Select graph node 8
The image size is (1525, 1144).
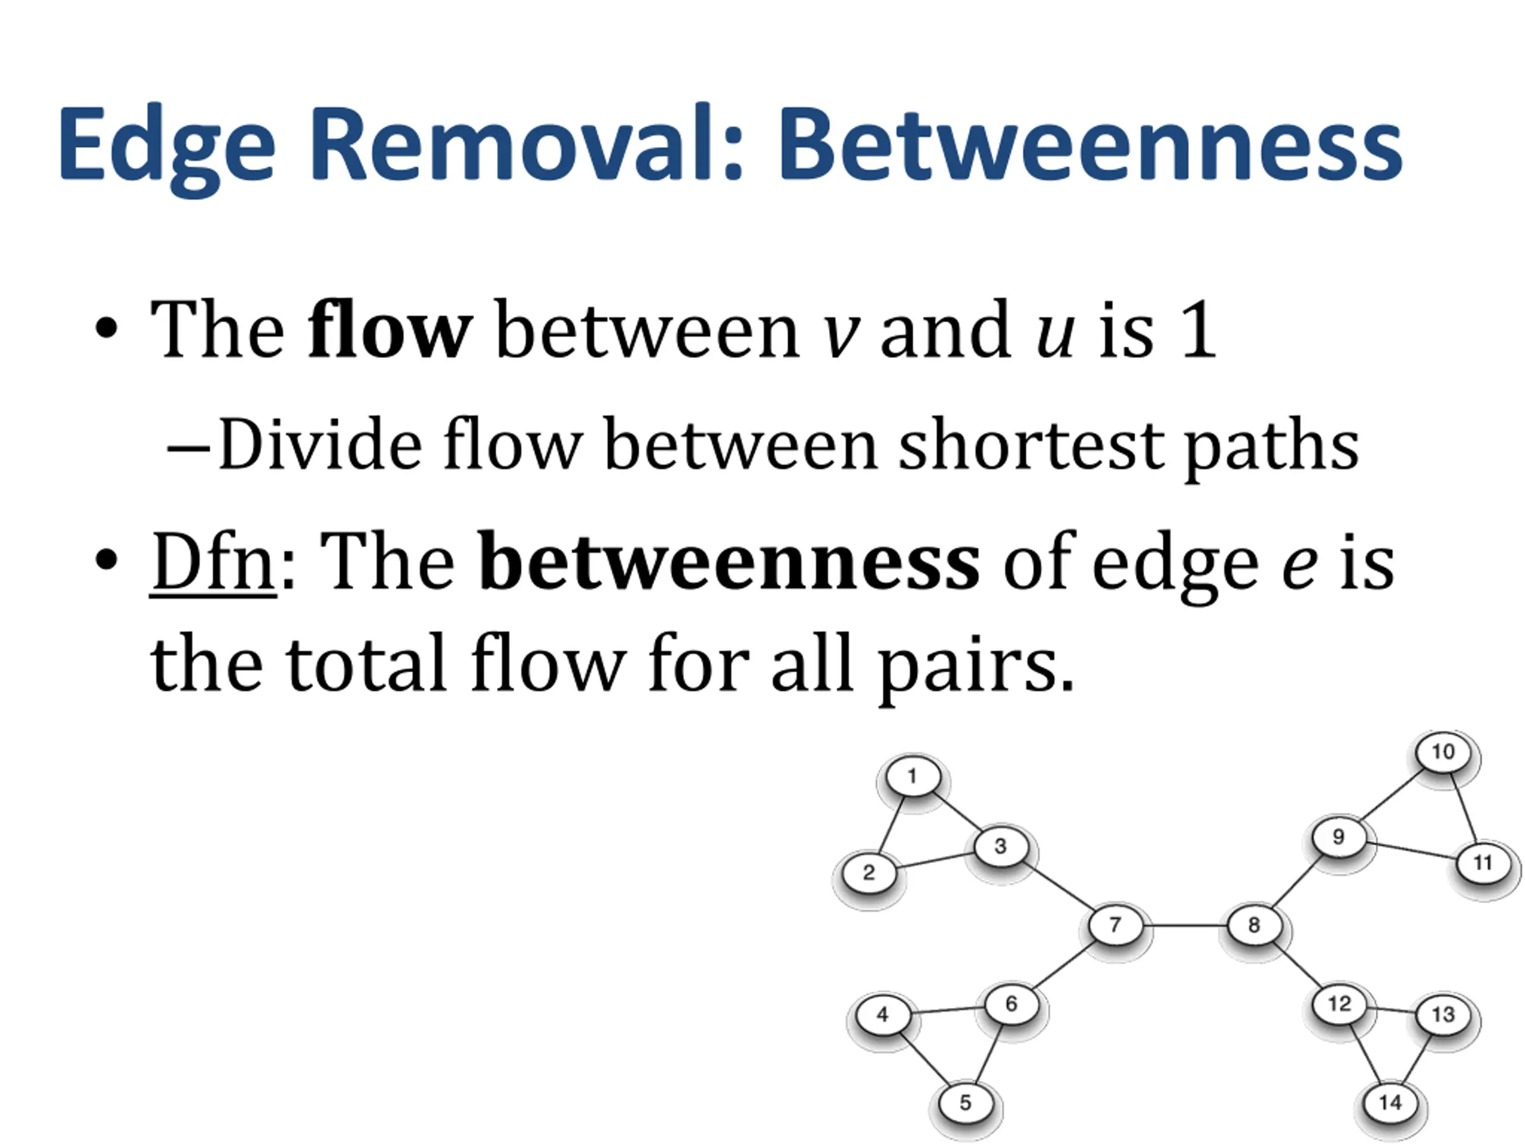click(1254, 925)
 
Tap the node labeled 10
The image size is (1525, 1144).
click(1443, 751)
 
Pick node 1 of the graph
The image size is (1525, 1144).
click(913, 776)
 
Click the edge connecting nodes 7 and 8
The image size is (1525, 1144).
click(1184, 925)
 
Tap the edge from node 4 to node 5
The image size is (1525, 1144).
click(925, 1059)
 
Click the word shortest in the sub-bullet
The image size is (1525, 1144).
click(1031, 444)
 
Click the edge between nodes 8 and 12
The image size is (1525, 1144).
click(1296, 965)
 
